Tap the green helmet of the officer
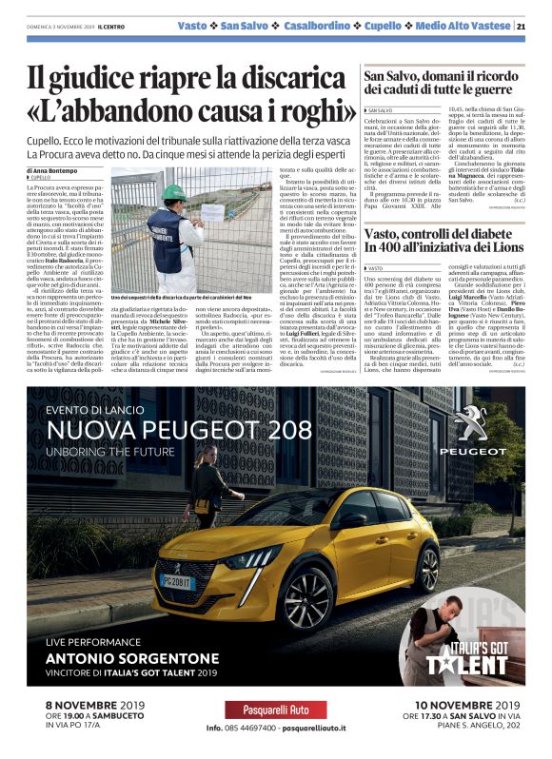coord(172,191)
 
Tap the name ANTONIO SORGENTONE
coord(133,657)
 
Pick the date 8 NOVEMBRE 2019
coord(96,707)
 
